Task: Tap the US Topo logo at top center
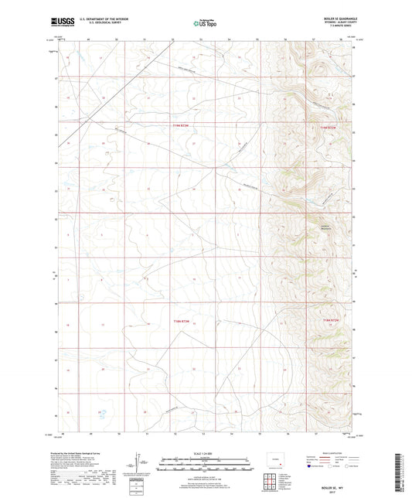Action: tap(206, 24)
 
